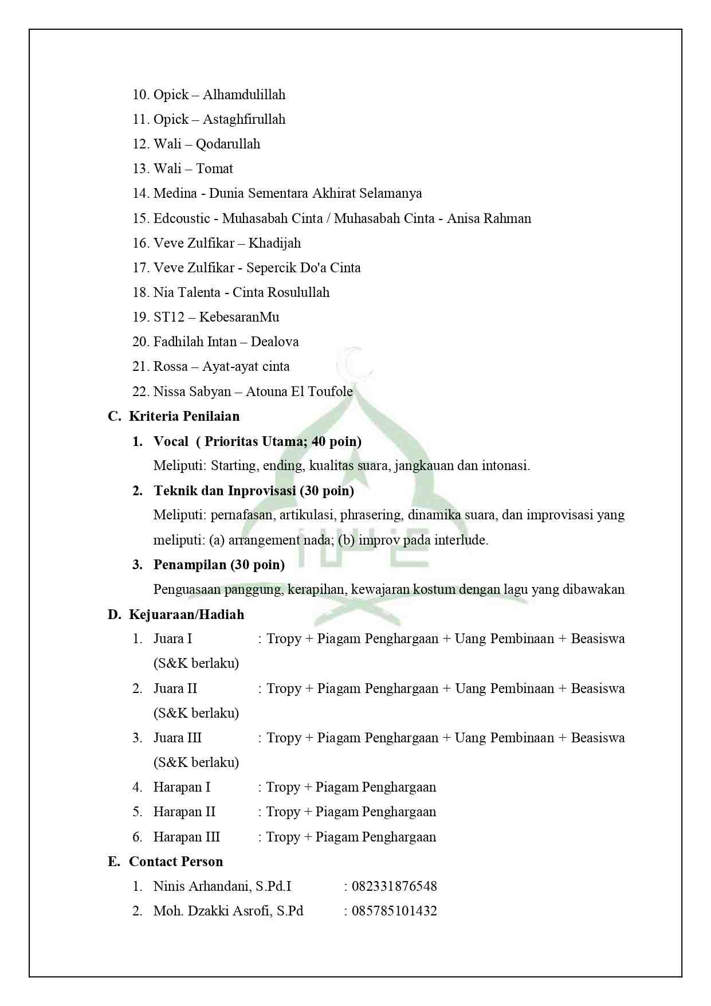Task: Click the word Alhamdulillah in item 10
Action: pos(243,95)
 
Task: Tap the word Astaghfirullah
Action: pos(243,119)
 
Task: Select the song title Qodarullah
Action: pos(227,144)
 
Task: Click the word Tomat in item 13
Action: pos(214,169)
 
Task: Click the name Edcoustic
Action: pos(182,218)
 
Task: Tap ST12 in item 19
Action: pos(168,317)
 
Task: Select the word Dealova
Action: pos(274,342)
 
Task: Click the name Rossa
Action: pos(170,366)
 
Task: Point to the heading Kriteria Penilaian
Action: pos(184,416)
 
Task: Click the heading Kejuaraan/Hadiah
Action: pos(186,614)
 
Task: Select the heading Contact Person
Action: pos(175,862)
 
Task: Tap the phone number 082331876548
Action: pos(394,886)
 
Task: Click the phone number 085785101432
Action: pos(394,911)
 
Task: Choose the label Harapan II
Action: pos(184,812)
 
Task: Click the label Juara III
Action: pos(177,738)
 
